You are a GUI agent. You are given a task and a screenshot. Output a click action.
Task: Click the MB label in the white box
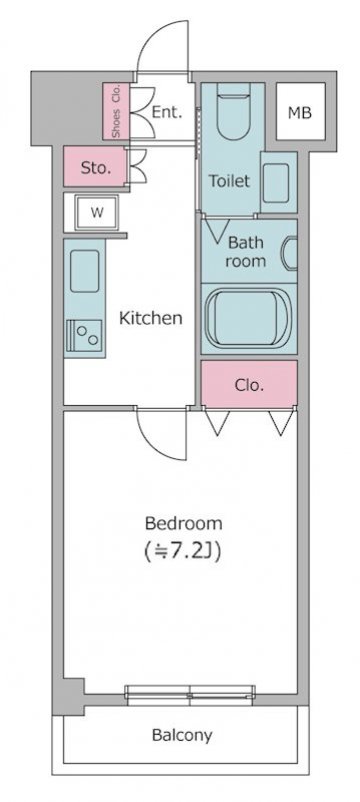coord(300,113)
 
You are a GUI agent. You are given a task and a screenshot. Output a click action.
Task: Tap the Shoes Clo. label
coord(116,111)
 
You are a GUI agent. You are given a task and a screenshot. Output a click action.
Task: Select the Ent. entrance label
coord(167,113)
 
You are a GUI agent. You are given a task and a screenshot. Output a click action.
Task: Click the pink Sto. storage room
coord(95,167)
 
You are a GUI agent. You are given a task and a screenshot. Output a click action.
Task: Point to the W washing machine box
coord(97,212)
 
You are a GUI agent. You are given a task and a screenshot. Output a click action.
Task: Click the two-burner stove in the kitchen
coord(85,336)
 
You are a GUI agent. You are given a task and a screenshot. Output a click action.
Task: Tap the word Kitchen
coord(151,318)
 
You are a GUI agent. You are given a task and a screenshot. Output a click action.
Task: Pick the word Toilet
coord(230,180)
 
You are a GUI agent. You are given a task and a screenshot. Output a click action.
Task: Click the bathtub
coord(248,318)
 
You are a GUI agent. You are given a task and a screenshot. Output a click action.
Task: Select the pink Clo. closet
coord(249,384)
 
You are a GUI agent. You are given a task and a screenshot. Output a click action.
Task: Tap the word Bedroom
coord(184,524)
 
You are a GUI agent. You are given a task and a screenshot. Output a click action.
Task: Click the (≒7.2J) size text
coord(184,552)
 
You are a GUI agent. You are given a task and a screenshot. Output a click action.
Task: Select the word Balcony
coord(182,736)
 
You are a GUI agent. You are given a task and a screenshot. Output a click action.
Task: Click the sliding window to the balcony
coord(190,696)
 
